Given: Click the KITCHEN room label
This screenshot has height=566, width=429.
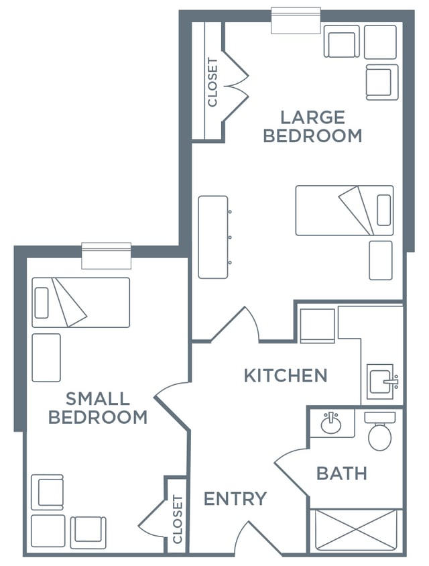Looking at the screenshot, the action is point(286,376).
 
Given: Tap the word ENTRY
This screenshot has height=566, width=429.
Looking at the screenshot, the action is point(235,498).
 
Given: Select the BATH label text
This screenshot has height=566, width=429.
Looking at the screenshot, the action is point(342,473).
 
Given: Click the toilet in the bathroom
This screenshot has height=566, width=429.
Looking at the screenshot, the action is point(379,431).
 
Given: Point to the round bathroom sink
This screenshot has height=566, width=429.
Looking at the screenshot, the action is point(331,423).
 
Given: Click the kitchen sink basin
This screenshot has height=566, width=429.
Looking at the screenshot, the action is point(381,381).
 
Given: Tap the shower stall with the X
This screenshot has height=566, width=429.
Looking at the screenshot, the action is point(356,530).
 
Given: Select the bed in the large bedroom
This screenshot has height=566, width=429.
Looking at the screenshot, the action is point(345,211).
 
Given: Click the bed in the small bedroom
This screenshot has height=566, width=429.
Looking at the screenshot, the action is point(81,302).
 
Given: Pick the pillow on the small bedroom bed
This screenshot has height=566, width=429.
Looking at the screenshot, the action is point(42,303).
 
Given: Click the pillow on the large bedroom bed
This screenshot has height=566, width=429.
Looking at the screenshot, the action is point(383,210).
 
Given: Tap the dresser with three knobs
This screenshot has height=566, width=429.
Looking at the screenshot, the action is point(214,237).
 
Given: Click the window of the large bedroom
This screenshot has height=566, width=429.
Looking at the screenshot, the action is point(296,20).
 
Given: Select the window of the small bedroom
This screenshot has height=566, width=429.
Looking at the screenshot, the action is point(106,256).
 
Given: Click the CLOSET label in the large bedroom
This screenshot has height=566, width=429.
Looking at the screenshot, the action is point(212,82).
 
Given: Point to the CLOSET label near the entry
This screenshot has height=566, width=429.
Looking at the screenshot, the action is point(178,519).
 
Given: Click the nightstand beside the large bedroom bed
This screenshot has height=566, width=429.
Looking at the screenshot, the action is point(381,260).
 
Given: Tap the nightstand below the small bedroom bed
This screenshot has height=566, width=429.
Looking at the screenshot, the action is point(46,357).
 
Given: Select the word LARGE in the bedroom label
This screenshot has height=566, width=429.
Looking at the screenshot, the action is point(312,117).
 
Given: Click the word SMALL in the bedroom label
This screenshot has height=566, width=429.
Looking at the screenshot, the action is point(97,399).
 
